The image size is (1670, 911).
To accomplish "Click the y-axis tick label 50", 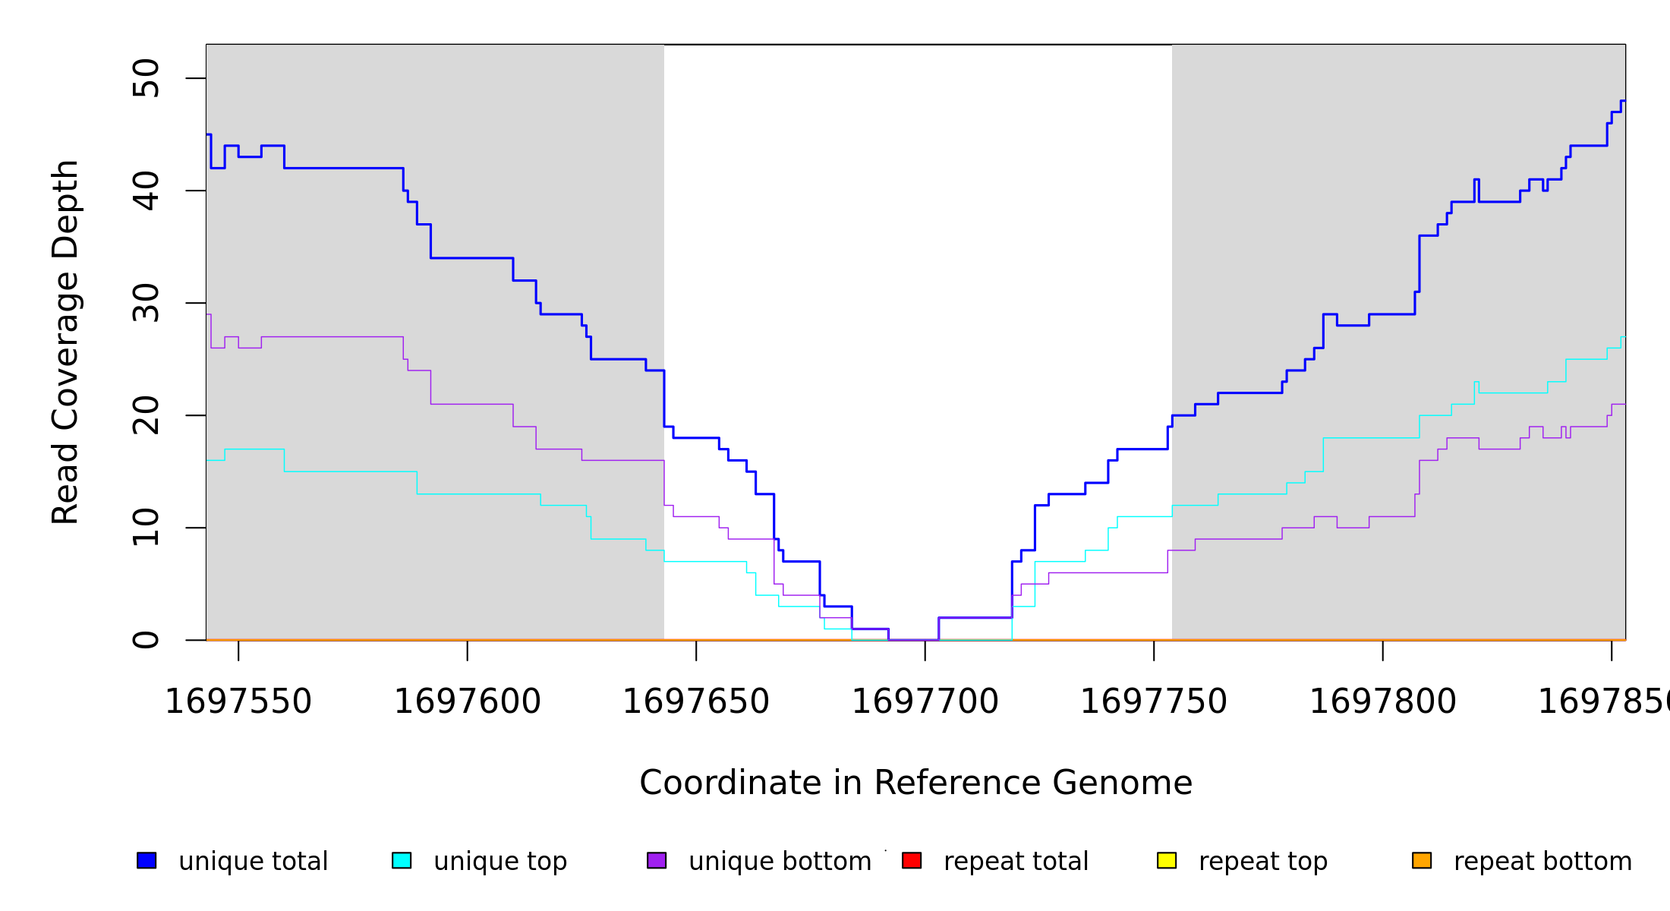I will [146, 78].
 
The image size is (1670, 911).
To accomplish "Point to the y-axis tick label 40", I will [146, 191].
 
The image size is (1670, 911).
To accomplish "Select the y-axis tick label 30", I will [146, 303].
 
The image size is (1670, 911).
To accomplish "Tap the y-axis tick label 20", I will [146, 415].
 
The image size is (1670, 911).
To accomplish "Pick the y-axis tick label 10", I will [146, 528].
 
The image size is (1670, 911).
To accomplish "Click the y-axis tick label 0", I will [146, 640].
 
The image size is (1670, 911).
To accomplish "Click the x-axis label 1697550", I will [238, 701].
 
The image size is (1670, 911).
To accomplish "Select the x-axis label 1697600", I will [467, 701].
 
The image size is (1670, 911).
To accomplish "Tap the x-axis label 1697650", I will [696, 701].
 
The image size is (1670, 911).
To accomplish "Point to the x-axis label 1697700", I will [925, 701].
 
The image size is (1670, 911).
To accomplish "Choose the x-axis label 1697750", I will [1154, 701].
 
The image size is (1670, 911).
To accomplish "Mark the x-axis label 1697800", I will [1382, 701].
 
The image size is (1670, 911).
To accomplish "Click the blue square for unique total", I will [147, 860].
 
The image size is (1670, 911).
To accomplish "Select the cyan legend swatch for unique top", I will [402, 860].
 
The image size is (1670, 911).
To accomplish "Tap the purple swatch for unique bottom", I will [657, 860].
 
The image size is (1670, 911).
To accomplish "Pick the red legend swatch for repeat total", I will [912, 860].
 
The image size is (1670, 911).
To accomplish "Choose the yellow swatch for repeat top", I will [1167, 860].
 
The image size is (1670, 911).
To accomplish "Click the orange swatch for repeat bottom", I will [1422, 860].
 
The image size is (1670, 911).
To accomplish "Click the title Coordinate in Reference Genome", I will [915, 783].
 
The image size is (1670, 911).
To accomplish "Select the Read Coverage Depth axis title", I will [65, 342].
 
